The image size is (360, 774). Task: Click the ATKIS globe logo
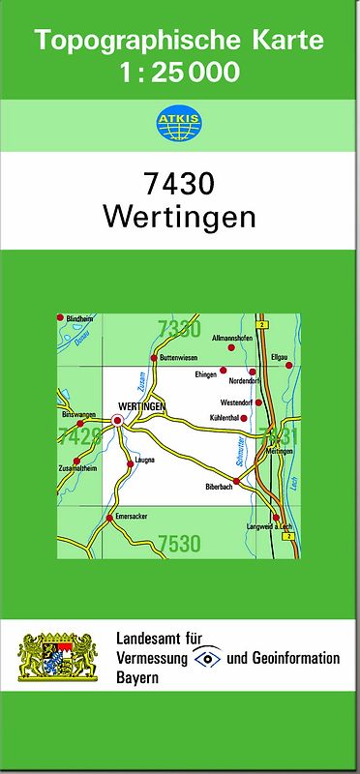click(179, 124)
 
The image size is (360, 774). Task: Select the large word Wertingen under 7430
click(179, 216)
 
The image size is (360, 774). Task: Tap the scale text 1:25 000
click(180, 73)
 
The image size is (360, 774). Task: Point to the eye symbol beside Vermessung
click(207, 658)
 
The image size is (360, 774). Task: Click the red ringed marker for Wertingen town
click(118, 420)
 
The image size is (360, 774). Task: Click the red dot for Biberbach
click(236, 480)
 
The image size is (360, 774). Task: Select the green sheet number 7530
click(179, 543)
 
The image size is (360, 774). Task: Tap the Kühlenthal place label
click(223, 418)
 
